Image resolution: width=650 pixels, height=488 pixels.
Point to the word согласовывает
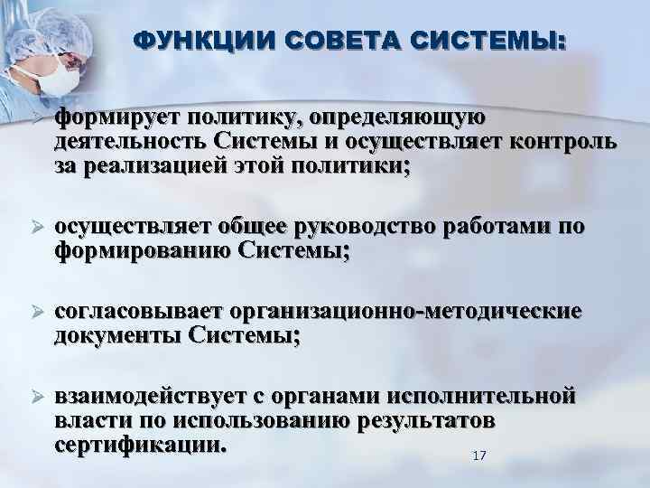139,312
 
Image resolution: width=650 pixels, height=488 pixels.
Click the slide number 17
479,455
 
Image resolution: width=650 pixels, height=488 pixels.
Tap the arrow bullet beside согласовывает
37,312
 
